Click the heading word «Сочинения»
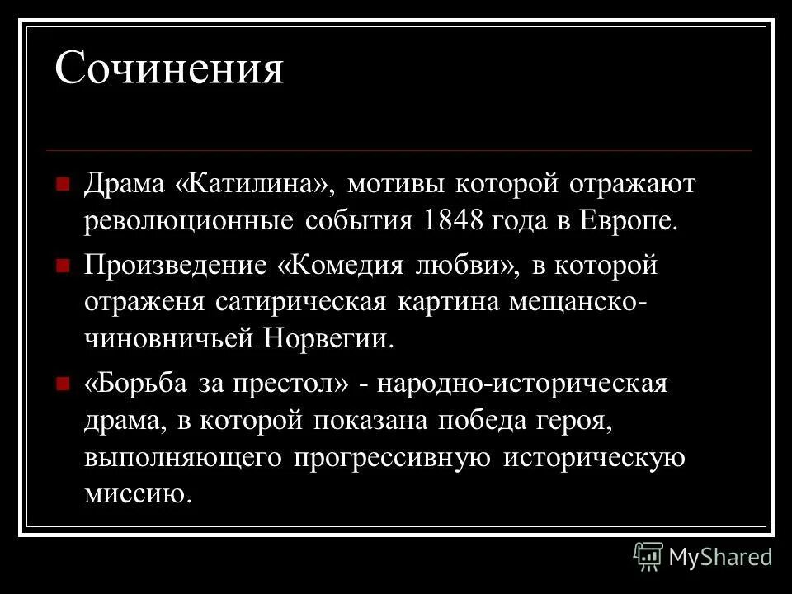pos(169,69)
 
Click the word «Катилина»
pos(256,183)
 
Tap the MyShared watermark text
pos(720,557)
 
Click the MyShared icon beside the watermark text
pos(648,557)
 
